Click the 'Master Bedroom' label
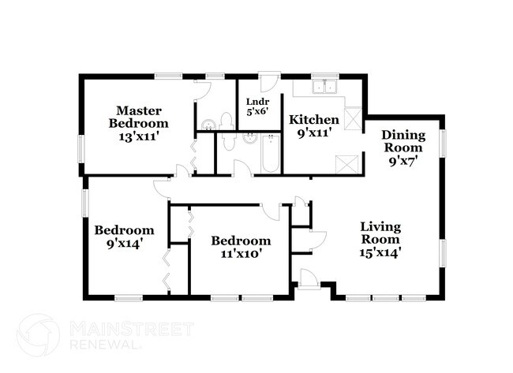pyautogui.click(x=138, y=117)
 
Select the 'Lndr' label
pyautogui.click(x=258, y=102)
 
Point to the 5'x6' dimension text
pyautogui.click(x=258, y=112)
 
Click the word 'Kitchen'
pyautogui.click(x=314, y=120)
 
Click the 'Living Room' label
pyautogui.click(x=381, y=233)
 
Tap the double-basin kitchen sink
pyautogui.click(x=325, y=87)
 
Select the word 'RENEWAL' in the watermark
pyautogui.click(x=106, y=345)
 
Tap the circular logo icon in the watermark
pyautogui.click(x=38, y=334)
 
